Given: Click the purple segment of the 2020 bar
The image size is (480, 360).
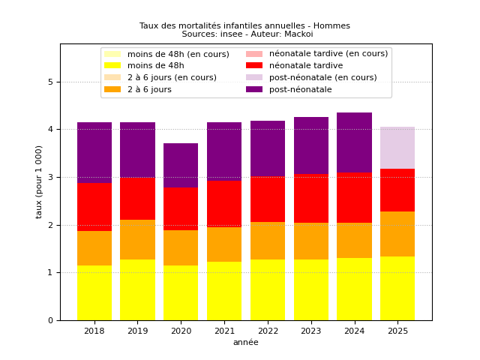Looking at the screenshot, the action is [x=181, y=165].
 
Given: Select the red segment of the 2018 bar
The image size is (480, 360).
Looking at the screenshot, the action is [x=94, y=207].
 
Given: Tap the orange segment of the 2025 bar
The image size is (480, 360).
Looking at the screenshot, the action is [x=397, y=234].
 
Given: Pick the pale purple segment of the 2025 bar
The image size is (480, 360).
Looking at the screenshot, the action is [x=397, y=148].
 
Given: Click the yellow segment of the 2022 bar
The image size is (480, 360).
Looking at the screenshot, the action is [x=268, y=290].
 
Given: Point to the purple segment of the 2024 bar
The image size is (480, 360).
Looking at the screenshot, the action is [x=354, y=142].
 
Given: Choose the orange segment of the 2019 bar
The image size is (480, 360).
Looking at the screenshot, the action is [x=137, y=240].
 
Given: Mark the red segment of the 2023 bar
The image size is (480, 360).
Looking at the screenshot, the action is [x=311, y=198].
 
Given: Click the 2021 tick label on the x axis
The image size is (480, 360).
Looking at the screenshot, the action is [x=225, y=331].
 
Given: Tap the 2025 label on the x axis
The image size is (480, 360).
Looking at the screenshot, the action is [x=397, y=331].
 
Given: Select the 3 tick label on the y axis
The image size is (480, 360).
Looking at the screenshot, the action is [x=50, y=177].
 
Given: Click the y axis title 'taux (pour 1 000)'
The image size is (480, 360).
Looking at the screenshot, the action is [x=38, y=182].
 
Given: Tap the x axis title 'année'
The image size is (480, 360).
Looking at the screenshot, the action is [x=246, y=342].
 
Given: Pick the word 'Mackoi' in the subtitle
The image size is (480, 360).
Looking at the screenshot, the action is [x=298, y=34].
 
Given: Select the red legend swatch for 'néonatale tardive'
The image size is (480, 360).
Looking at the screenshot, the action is [x=254, y=65].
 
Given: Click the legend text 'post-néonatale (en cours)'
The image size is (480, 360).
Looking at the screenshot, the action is [x=323, y=77].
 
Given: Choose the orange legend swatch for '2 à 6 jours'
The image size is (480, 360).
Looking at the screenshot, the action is [x=112, y=89].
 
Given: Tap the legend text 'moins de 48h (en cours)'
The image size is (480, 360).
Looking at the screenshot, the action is [x=178, y=54].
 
